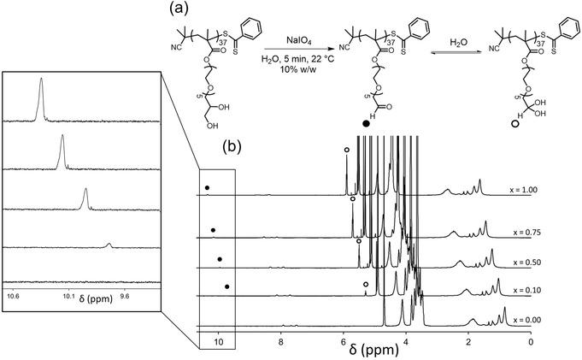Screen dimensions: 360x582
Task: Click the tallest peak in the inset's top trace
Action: (x=40, y=81)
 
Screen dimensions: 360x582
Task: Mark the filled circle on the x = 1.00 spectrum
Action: (x=207, y=186)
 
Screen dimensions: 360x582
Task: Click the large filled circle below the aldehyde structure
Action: (x=367, y=125)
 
